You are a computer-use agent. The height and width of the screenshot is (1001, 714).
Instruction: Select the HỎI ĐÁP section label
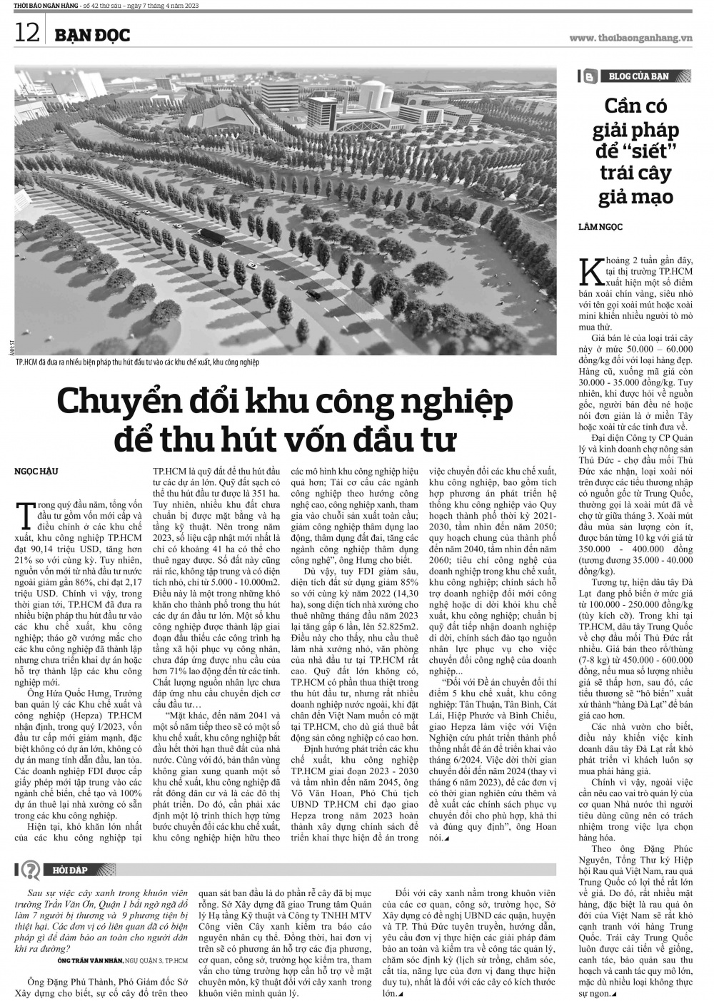pyautogui.click(x=74, y=870)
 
